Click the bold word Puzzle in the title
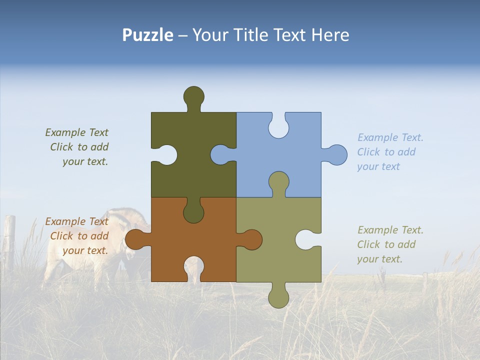click(148, 35)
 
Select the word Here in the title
click(330, 35)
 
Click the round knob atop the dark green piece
click(194, 96)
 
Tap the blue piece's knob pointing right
click(336, 155)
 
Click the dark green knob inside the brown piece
click(193, 212)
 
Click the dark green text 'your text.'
click(85, 161)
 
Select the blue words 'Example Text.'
click(390, 137)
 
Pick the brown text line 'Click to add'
click(79, 236)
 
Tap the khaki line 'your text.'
click(379, 259)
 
